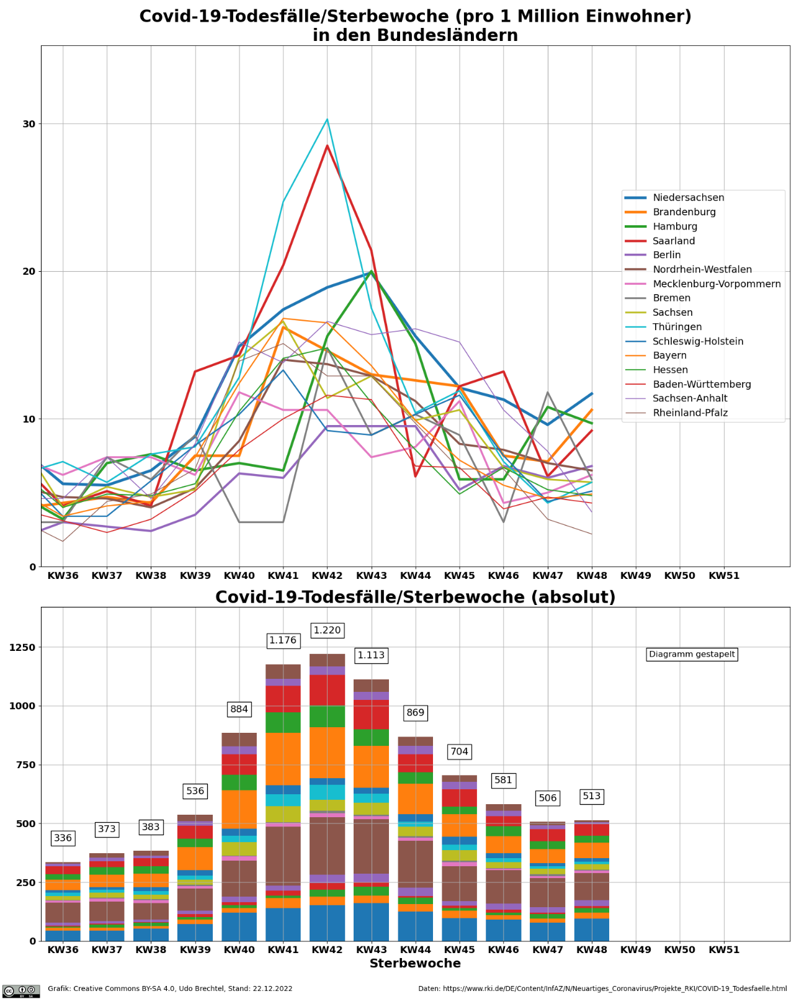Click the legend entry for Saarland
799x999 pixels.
(x=674, y=241)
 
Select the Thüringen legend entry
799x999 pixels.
(x=677, y=327)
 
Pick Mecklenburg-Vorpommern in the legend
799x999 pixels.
(x=716, y=284)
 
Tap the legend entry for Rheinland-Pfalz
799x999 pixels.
(x=690, y=413)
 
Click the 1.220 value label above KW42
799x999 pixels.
(x=327, y=630)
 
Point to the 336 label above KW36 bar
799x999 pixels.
(x=63, y=838)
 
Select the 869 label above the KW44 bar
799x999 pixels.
(x=415, y=713)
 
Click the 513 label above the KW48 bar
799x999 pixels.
(x=591, y=796)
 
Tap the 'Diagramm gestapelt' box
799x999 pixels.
(x=692, y=654)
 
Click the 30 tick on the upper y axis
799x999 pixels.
(x=29, y=124)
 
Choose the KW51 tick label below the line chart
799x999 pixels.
(x=724, y=576)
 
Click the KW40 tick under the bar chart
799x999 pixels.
(x=239, y=950)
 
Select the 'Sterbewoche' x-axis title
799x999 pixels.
(x=415, y=964)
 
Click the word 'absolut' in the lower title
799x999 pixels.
(x=580, y=598)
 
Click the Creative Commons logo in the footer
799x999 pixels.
(x=21, y=991)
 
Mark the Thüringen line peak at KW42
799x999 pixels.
(x=327, y=120)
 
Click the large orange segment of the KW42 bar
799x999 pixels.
(x=327, y=752)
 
